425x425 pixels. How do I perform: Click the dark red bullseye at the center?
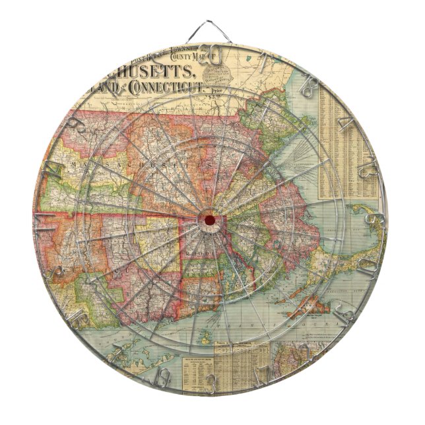209,219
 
